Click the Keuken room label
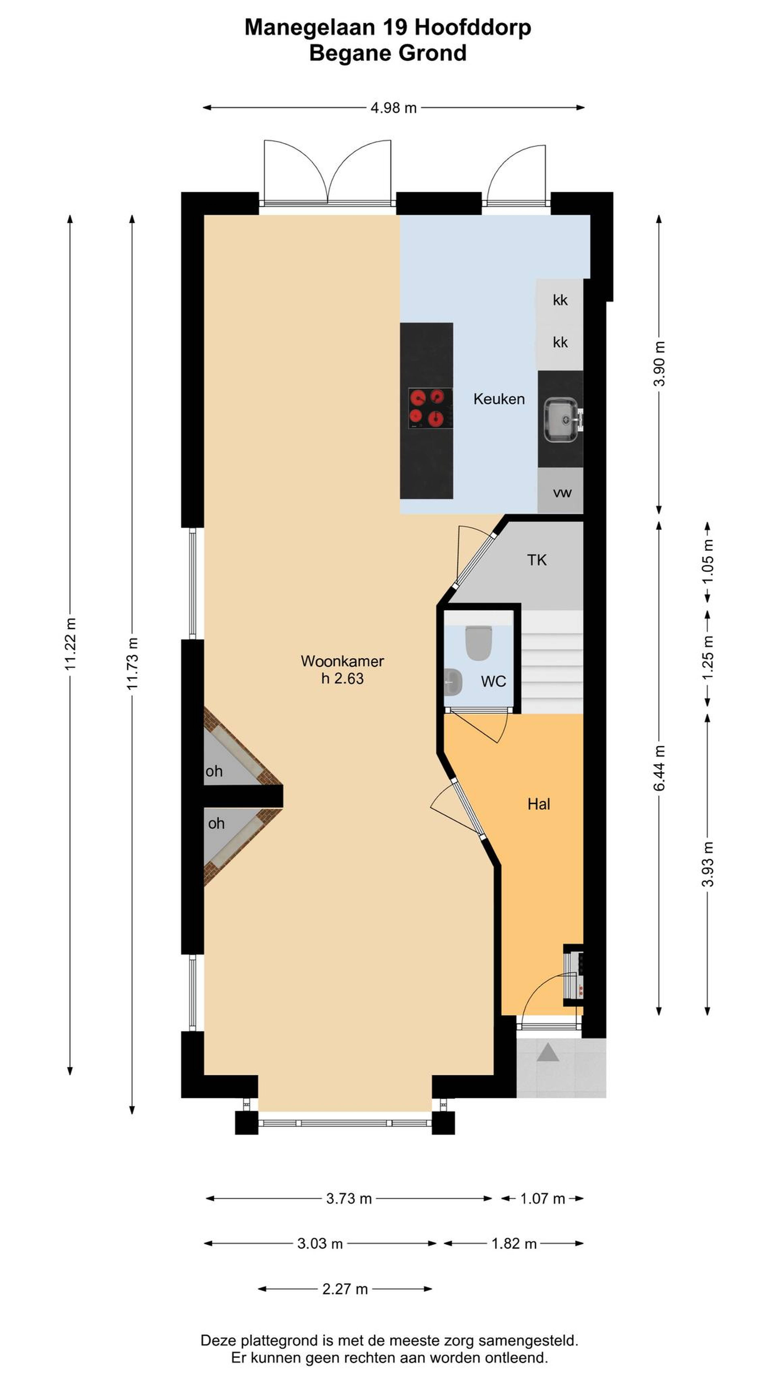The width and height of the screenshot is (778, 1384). (x=499, y=399)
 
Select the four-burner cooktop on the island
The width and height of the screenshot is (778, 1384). (x=430, y=408)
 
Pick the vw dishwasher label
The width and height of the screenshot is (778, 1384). (x=562, y=492)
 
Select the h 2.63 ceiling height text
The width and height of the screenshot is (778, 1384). (x=343, y=679)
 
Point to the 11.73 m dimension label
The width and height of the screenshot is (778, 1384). (x=132, y=664)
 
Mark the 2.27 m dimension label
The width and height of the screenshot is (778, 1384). (x=345, y=1288)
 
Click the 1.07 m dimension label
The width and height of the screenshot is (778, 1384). (x=542, y=1198)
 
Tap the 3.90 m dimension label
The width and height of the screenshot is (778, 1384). (x=659, y=364)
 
